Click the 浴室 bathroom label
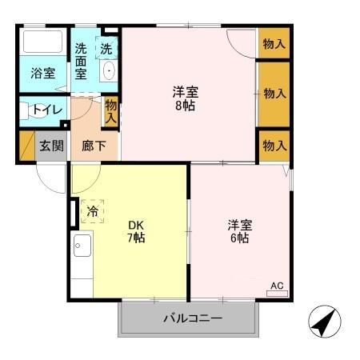(x=43, y=74)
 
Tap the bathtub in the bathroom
(x=44, y=43)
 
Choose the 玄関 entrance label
(x=52, y=146)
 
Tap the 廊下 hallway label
(x=94, y=146)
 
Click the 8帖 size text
(x=189, y=106)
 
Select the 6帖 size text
(x=240, y=238)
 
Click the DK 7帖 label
(x=137, y=230)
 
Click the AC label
(x=276, y=286)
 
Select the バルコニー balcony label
(x=193, y=318)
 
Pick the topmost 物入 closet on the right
(x=274, y=43)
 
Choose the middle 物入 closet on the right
(x=274, y=94)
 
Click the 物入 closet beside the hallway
(x=111, y=111)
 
